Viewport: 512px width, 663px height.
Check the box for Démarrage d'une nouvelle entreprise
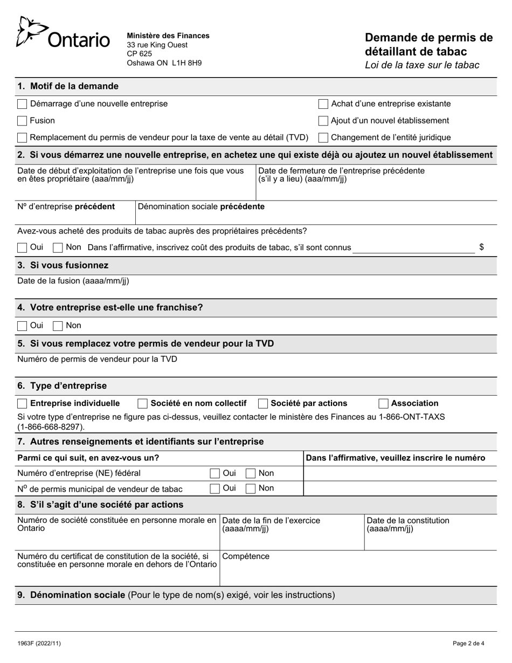click(x=22, y=103)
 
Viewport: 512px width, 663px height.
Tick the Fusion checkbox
click(x=22, y=121)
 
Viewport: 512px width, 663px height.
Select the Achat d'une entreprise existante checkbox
click(x=323, y=103)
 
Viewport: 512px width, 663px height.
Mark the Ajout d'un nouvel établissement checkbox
click(x=323, y=121)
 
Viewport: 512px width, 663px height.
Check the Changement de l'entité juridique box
click(x=323, y=137)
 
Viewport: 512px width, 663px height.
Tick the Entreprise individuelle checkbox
click(x=22, y=403)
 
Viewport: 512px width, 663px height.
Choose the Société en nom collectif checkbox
click(x=143, y=403)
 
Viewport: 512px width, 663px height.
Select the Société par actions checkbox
click(x=263, y=403)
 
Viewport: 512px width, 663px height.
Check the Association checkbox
click(x=383, y=403)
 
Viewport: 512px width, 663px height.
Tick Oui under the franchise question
click(x=22, y=326)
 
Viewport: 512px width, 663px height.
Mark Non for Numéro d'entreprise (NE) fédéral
click(x=251, y=473)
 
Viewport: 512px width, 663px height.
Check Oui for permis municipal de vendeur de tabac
click(x=215, y=488)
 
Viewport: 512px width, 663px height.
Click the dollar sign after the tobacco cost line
click(x=481, y=247)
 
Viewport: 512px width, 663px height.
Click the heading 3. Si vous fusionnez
click(x=63, y=265)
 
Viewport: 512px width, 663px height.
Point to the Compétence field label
click(x=246, y=556)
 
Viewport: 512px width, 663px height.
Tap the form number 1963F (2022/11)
click(x=35, y=643)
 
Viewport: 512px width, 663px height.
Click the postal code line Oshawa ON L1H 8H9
click(x=164, y=63)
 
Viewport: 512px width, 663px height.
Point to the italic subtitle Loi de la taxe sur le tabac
click(x=422, y=65)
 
